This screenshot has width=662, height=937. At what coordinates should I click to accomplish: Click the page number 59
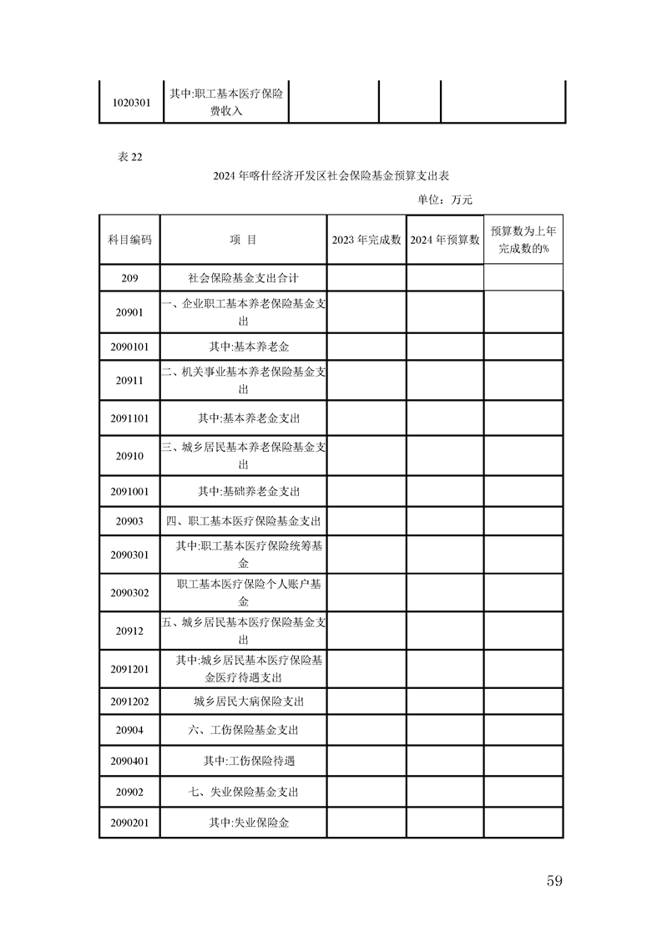click(x=554, y=880)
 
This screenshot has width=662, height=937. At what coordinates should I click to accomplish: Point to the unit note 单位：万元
click(x=445, y=200)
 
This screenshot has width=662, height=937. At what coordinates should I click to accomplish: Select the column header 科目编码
click(x=129, y=240)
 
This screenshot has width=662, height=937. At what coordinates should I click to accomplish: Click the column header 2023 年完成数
click(x=366, y=240)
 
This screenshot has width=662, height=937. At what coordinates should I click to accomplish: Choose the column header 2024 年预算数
click(x=445, y=240)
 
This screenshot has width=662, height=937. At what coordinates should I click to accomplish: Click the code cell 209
click(x=129, y=278)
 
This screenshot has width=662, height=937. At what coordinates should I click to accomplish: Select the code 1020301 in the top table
click(x=131, y=104)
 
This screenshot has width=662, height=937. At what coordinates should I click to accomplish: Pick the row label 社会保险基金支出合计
click(x=243, y=278)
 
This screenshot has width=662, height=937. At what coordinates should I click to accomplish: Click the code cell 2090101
click(x=129, y=346)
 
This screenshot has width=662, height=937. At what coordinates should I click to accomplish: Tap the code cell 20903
click(x=129, y=521)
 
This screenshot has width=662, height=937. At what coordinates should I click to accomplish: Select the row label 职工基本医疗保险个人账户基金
click(x=248, y=593)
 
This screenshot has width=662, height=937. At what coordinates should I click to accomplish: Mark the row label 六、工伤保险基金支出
click(x=243, y=730)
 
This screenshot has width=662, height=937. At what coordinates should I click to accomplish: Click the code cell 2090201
click(x=129, y=823)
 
